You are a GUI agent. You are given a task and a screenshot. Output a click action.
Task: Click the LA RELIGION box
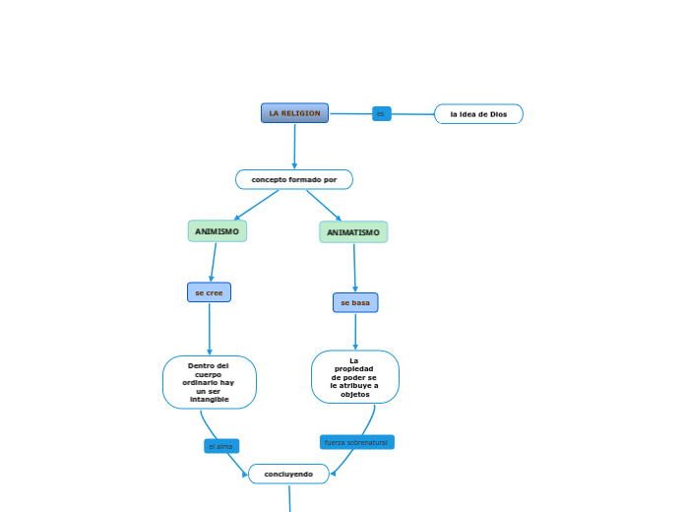tap(294, 113)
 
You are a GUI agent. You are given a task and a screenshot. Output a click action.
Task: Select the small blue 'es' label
tap(381, 114)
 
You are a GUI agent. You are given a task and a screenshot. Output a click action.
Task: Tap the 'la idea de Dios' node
tap(478, 114)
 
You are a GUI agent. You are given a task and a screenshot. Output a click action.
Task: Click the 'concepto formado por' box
tap(293, 179)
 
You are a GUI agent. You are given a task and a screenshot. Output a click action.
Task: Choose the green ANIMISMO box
tap(217, 231)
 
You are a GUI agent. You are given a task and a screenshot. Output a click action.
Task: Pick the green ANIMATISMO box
tap(353, 232)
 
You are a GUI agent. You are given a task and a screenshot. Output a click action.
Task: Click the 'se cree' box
tap(209, 292)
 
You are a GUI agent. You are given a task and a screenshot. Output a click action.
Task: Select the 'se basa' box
tap(355, 302)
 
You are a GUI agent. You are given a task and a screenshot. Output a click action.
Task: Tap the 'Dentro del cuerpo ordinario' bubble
tap(210, 382)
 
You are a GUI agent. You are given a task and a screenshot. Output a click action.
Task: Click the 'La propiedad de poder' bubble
tap(354, 377)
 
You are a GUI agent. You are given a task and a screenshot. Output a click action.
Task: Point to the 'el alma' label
tap(221, 446)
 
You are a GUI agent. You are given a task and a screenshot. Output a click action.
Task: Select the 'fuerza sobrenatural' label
tap(356, 442)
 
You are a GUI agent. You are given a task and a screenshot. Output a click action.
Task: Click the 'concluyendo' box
tap(288, 474)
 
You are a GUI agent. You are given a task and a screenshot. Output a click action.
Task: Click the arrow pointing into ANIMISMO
tap(256, 205)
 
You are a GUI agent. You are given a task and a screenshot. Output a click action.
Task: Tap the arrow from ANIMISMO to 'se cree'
tap(213, 262)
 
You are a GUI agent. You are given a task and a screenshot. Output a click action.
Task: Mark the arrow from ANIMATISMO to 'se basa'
tap(354, 268)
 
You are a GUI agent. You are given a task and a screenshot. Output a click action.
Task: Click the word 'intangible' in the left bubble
tap(210, 399)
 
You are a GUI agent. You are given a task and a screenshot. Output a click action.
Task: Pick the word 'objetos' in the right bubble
tap(354, 394)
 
